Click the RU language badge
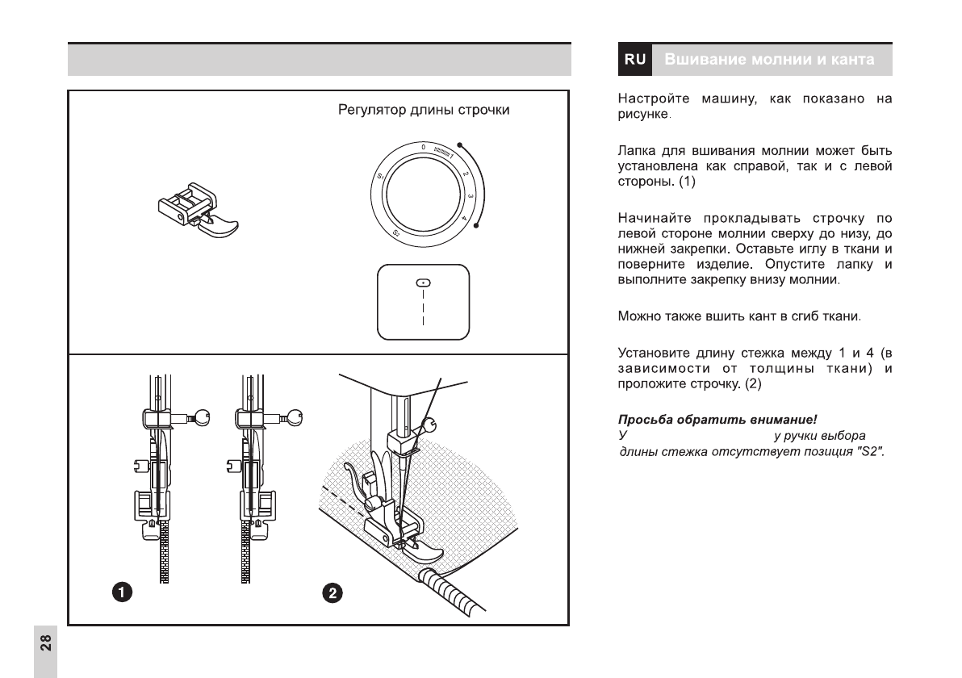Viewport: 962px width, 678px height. (635, 60)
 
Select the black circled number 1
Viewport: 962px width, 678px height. (121, 593)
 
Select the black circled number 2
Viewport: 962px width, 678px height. (333, 593)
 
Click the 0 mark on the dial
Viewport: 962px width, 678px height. (423, 147)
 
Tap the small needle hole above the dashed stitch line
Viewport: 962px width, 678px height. (421, 282)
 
